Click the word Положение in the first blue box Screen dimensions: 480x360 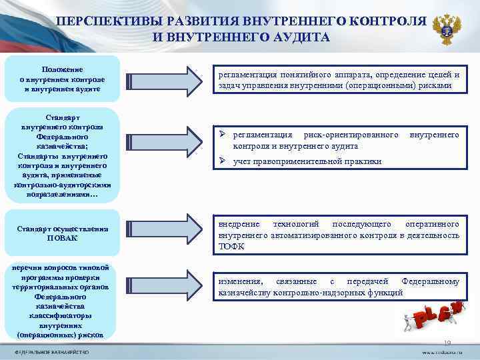pos(61,69)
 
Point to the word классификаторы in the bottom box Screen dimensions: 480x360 pos(61,315)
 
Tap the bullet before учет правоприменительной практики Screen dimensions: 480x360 pos(225,161)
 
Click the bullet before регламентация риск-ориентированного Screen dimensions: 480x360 pos(225,135)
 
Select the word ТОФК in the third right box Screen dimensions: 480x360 pos(231,246)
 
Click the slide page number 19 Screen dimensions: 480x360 pos(447,343)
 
